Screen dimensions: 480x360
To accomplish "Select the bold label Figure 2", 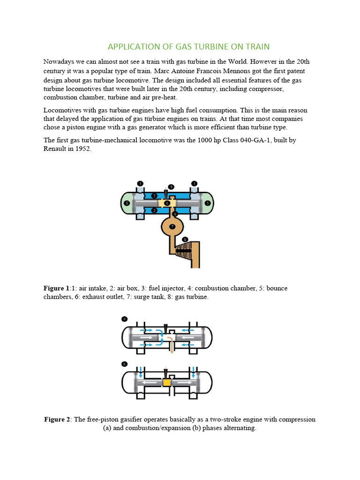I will coord(57,419).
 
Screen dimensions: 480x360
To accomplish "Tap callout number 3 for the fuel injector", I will coord(171,187).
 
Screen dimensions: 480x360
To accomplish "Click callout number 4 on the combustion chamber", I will coord(167,203).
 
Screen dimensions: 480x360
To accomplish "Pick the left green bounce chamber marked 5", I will coord(127,203).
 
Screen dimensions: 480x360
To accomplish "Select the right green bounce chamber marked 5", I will coord(208,203).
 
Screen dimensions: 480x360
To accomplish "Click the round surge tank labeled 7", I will coord(172,226).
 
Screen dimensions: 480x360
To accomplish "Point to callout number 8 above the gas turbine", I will coord(185,239).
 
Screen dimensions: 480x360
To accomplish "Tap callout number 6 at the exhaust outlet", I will coord(175,213).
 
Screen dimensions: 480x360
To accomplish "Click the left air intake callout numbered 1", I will coord(140,183).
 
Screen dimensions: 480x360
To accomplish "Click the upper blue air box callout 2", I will coord(155,195).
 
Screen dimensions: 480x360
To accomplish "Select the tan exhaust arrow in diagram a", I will coord(171,345).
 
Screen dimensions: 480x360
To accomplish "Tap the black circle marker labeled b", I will coord(124,363).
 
